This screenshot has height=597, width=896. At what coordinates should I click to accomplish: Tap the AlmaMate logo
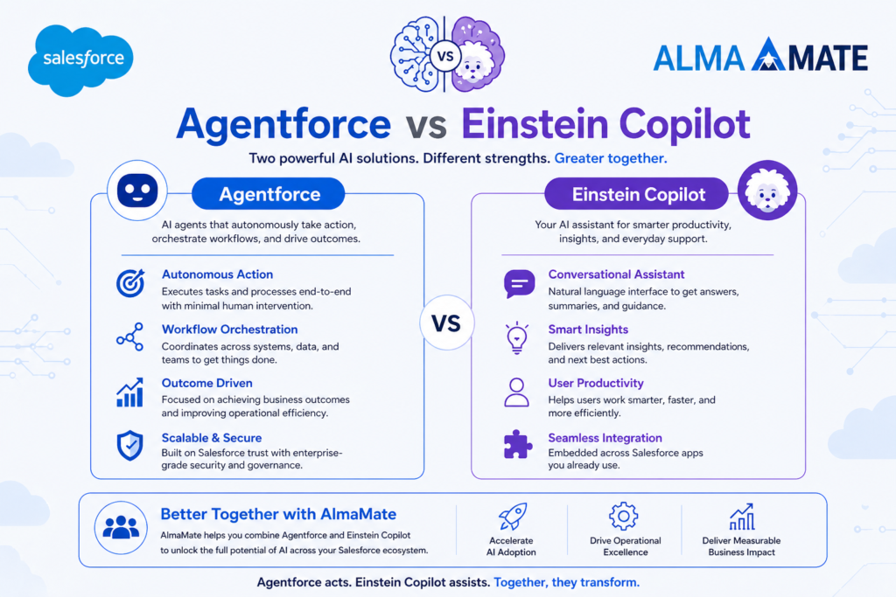[760, 57]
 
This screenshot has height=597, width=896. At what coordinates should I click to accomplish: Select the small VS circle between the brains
[444, 57]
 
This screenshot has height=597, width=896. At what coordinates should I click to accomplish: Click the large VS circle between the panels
[446, 323]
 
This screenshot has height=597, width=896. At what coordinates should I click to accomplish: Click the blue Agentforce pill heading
[269, 194]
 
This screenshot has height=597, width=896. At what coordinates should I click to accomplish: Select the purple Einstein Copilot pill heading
[638, 194]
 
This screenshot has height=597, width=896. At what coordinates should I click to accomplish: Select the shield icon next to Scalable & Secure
[129, 446]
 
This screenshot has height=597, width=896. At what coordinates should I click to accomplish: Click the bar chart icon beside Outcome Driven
[129, 392]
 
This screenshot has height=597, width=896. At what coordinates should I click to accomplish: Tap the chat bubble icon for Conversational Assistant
[518, 283]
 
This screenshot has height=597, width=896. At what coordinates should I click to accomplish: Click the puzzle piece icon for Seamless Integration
[518, 444]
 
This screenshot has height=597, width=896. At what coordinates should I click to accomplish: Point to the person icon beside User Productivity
[517, 392]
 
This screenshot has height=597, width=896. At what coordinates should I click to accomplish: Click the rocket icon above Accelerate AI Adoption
[512, 517]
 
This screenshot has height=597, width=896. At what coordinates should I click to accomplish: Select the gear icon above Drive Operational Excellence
[624, 516]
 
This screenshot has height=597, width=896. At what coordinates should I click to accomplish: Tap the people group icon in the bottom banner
[121, 528]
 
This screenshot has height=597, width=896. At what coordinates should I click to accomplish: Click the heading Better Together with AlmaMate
[277, 514]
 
